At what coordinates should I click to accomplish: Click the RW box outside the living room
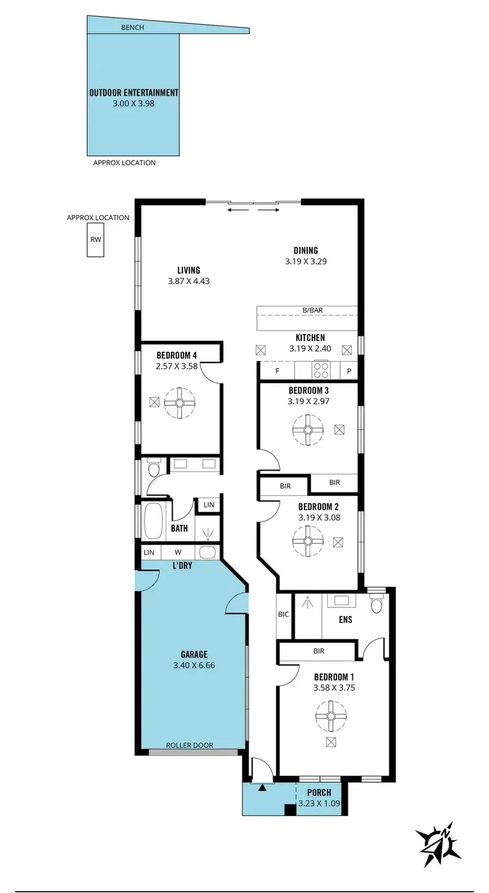coord(96,240)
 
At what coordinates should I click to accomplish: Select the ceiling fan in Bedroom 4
coord(180,403)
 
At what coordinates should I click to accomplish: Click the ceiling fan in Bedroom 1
coord(331,717)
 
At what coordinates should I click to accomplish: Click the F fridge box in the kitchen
coord(277,370)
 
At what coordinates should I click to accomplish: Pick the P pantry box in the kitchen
coord(349,370)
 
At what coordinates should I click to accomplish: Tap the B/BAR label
coord(306,310)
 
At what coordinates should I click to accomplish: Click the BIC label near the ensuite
coord(284,614)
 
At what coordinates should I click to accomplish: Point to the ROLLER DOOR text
coord(190,745)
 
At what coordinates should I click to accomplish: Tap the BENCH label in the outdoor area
coord(132,28)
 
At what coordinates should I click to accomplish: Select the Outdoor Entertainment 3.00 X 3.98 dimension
coord(133,103)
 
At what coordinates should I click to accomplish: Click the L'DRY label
coord(182,565)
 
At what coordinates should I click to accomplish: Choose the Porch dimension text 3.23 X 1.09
coord(319,804)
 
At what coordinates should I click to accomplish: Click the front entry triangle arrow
coord(262,789)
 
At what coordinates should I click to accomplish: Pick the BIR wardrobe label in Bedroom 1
coord(319,651)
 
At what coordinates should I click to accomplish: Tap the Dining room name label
coord(305,250)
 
